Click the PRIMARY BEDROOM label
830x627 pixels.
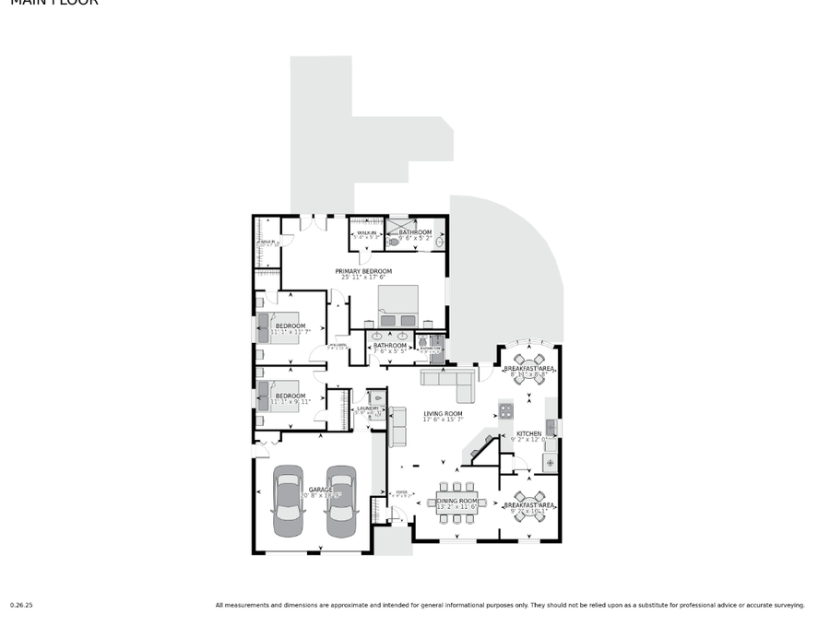(x=363, y=271)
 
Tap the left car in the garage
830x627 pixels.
(x=289, y=501)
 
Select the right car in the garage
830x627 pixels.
(x=341, y=501)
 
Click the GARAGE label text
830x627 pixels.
(x=320, y=490)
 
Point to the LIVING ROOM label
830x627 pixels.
(x=443, y=414)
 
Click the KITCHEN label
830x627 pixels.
(x=528, y=433)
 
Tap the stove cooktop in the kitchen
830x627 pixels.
(x=505, y=410)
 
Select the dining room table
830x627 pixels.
(x=456, y=503)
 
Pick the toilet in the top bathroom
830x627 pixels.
(x=395, y=242)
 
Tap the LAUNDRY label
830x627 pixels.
(x=369, y=408)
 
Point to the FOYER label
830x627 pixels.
(x=401, y=492)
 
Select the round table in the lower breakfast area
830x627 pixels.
(x=528, y=505)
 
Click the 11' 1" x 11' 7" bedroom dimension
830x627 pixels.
(x=290, y=332)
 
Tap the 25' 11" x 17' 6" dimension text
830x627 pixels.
(x=363, y=278)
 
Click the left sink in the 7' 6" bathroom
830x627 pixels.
(x=380, y=336)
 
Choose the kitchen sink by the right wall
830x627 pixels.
(x=550, y=427)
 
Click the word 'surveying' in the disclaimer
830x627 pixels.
(x=787, y=606)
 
